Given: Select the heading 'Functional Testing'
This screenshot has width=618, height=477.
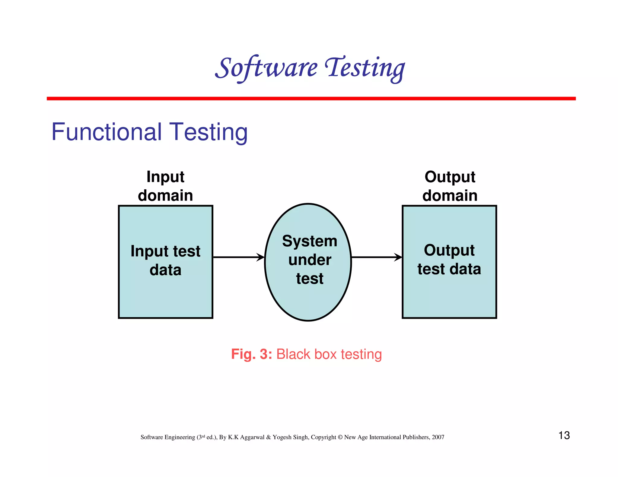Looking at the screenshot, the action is (x=149, y=132).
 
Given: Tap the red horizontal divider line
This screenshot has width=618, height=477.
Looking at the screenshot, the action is (x=311, y=99).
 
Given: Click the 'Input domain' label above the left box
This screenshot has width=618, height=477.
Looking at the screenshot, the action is (x=165, y=186).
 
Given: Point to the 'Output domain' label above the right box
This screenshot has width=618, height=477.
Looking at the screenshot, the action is (x=450, y=186).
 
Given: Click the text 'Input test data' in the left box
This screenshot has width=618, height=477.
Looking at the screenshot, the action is (x=165, y=260).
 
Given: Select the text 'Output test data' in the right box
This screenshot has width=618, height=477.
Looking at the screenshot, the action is (x=449, y=260).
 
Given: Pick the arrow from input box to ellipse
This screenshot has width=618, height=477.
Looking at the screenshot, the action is (x=238, y=257).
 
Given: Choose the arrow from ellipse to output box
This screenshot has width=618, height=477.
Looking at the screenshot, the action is (x=377, y=257).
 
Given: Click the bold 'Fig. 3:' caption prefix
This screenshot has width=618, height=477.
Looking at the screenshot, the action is (x=251, y=354).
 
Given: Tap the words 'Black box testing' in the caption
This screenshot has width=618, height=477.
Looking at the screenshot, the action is (x=329, y=354).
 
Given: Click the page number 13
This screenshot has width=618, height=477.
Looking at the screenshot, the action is (x=564, y=435).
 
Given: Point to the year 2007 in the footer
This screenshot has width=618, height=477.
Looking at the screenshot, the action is (x=438, y=437).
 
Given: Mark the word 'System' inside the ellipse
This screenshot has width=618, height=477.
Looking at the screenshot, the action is (x=310, y=241).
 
